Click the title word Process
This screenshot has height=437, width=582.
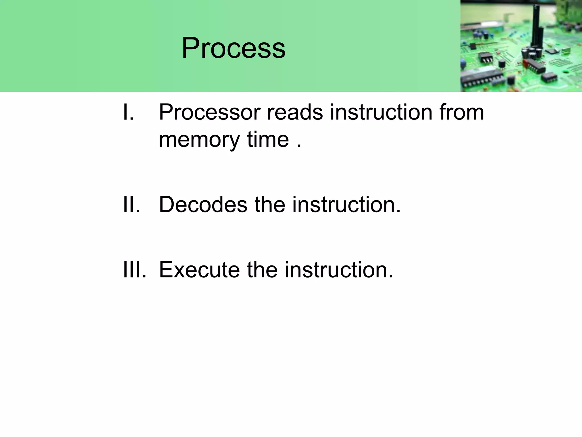233,48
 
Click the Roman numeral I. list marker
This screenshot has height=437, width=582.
128,112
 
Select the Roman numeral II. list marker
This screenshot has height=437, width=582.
132,205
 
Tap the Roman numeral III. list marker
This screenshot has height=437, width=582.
134,270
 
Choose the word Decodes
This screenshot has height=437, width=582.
203,205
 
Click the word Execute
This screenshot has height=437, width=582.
199,270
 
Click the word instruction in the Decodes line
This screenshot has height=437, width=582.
346,205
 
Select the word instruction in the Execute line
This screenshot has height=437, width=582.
339,270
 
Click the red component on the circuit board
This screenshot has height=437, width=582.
525,63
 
